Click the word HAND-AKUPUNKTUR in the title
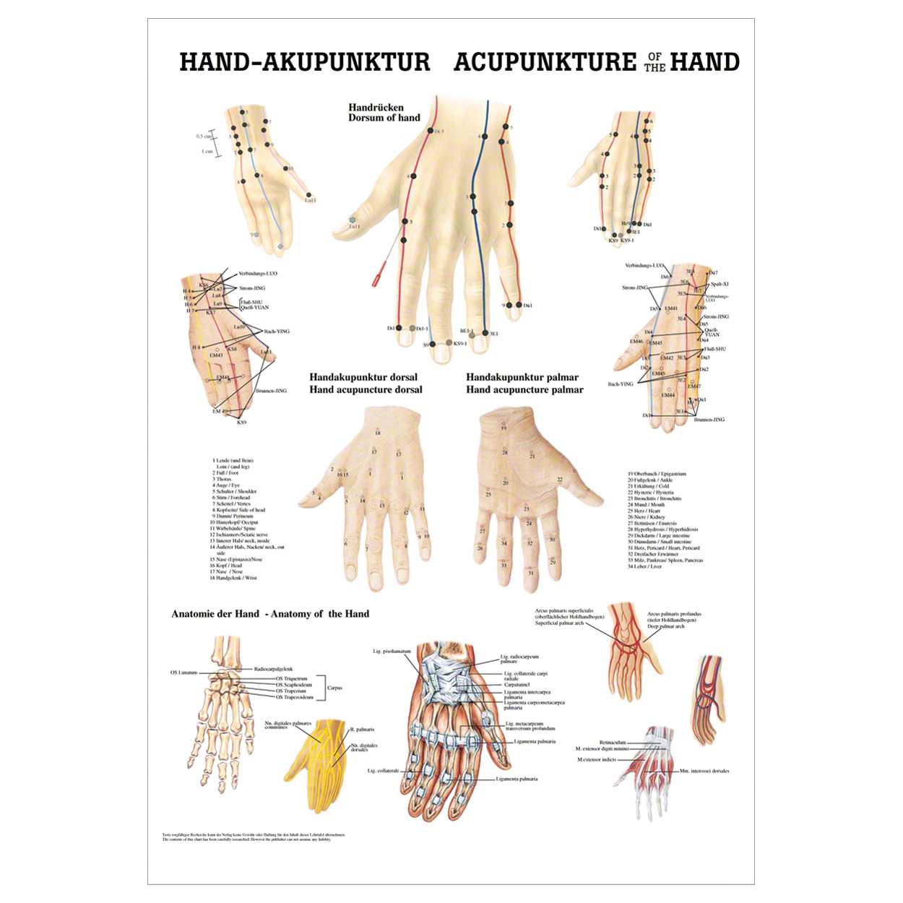[x=304, y=62]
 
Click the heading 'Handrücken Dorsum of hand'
[x=384, y=113]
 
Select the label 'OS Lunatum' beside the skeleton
[x=183, y=673]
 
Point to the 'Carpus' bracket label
[x=334, y=688]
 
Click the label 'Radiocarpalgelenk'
[x=273, y=670]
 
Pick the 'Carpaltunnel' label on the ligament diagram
[x=517, y=685]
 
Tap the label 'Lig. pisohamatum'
[x=392, y=652]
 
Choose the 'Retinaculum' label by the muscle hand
[x=613, y=742]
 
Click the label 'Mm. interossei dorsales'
[x=704, y=771]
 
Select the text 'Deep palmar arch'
[x=665, y=626]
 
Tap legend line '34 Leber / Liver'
[x=644, y=566]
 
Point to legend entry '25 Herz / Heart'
[x=644, y=511]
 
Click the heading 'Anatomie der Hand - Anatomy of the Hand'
[x=270, y=614]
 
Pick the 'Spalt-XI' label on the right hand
[x=720, y=284]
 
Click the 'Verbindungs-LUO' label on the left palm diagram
[x=257, y=274]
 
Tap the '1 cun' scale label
[x=207, y=152]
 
